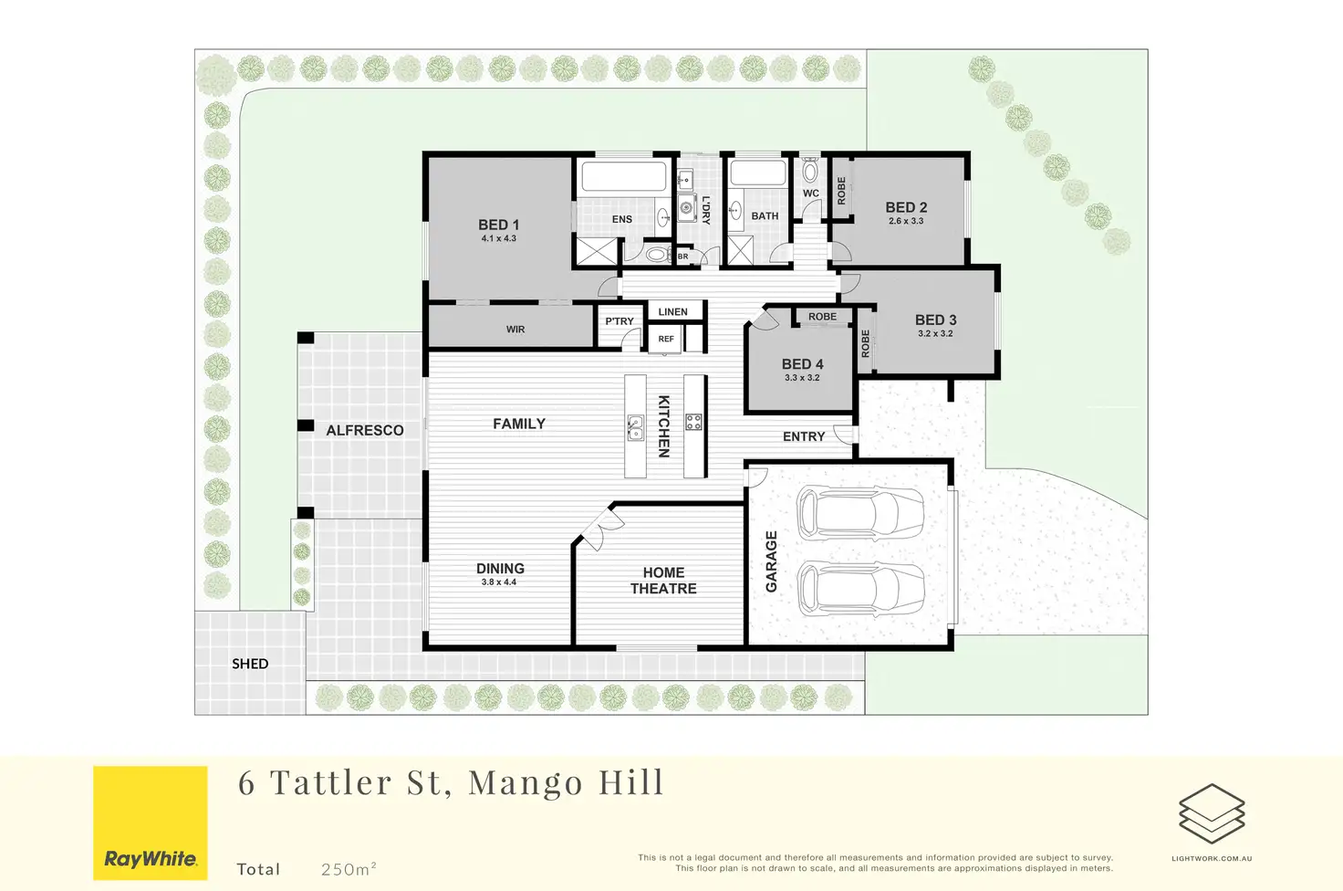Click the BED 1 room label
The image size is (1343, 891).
[x=498, y=225]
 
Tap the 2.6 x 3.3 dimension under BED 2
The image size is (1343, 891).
[x=905, y=221]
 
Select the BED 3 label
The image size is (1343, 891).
[x=935, y=320]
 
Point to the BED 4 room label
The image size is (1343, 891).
[x=802, y=364]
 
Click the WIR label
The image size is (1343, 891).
[x=515, y=330]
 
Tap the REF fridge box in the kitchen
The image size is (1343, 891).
[x=666, y=339]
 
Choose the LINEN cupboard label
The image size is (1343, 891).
[x=672, y=312]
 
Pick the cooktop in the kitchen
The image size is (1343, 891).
[x=693, y=422]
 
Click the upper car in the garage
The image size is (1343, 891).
[x=859, y=513]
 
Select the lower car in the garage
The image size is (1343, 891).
[x=859, y=589]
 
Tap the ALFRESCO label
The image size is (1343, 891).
[x=365, y=430]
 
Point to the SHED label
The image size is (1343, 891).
[x=250, y=664]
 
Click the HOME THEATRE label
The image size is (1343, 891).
[x=663, y=581]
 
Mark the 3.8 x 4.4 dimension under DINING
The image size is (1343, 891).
[x=499, y=582]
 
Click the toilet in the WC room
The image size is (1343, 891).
[x=810, y=172]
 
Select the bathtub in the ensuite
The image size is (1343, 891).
[x=624, y=176]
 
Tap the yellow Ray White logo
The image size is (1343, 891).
[x=151, y=823]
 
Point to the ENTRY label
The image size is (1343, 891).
[x=803, y=436]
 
